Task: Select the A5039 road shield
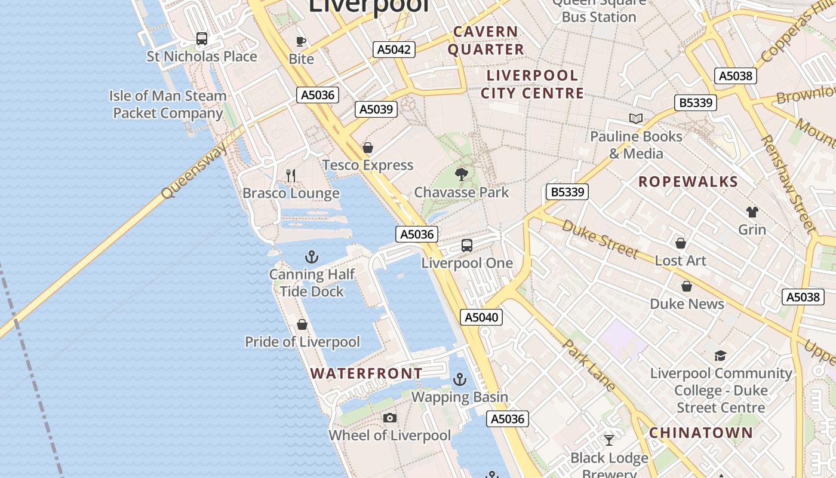pos(376,109)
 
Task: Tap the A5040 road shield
pos(481,317)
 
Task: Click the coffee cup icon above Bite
pos(301,41)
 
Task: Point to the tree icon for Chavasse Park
pos(461,174)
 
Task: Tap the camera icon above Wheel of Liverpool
pos(390,418)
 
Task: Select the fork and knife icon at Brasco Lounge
pos(291,176)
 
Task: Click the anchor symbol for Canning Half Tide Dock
pos(311,257)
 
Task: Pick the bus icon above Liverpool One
pos(467,246)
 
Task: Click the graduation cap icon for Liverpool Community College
pos(720,356)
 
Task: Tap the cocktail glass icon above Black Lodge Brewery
pos(609,440)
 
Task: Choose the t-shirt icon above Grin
pos(752,212)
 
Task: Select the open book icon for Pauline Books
pos(636,119)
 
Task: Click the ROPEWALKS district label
pos(689,182)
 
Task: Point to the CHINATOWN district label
pos(701,433)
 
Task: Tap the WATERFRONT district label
pos(366,373)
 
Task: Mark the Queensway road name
pos(194,171)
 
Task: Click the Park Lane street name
pos(588,365)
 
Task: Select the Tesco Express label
pos(368,165)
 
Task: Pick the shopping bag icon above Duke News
pos(687,286)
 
